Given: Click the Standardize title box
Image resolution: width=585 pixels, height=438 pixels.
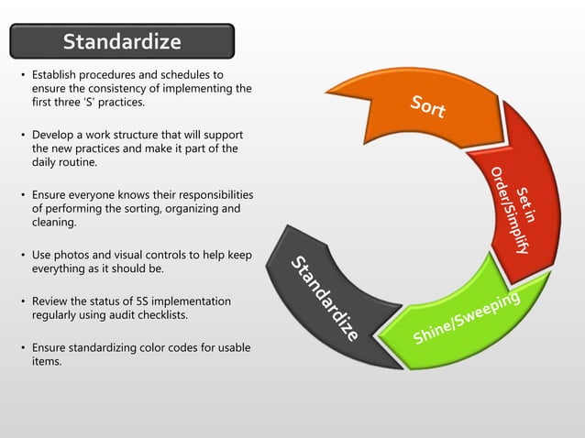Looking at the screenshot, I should [122, 42].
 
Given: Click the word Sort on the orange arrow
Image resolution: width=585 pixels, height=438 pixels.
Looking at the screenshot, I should [428, 107].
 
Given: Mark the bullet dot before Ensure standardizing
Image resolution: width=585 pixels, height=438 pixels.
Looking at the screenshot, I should [22, 349].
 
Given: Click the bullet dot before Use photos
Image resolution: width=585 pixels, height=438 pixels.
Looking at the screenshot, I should [22, 255].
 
